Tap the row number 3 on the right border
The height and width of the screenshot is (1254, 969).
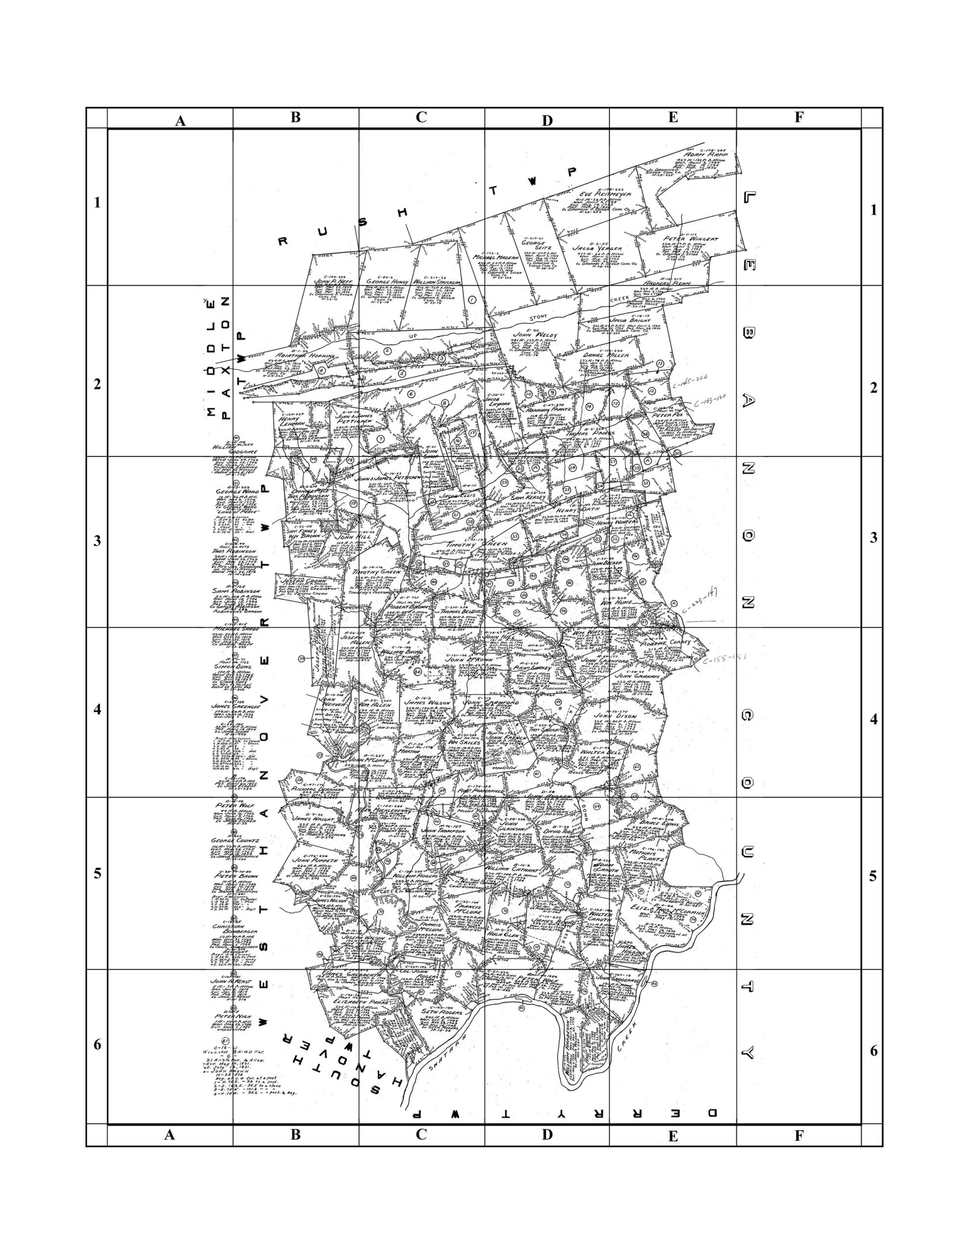872,538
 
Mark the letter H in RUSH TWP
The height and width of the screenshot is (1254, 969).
403,213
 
